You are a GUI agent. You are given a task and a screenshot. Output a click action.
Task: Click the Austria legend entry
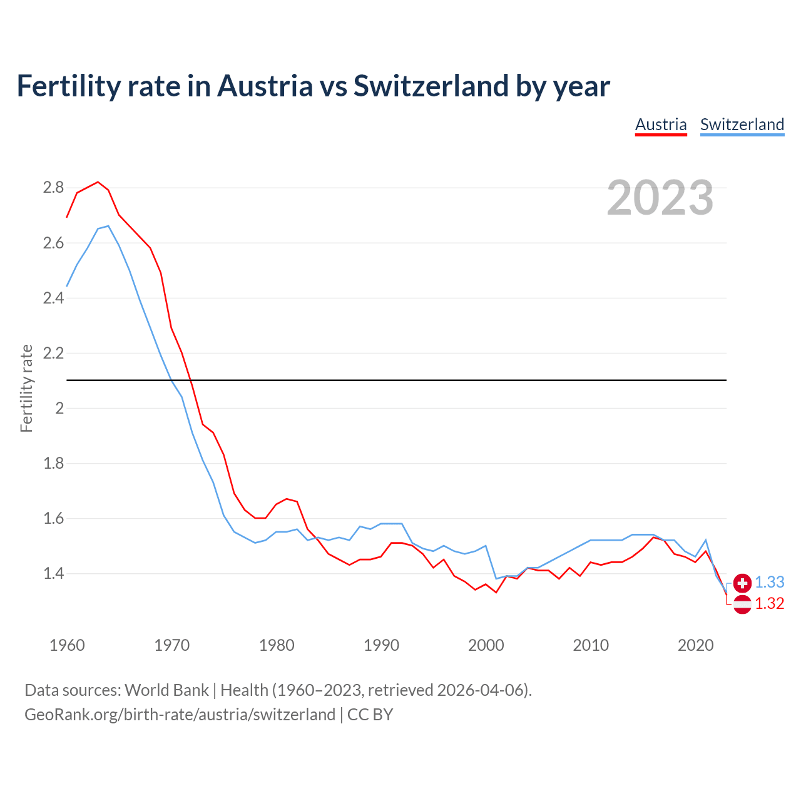click(x=661, y=125)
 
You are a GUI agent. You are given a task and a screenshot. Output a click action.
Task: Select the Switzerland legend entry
click(x=742, y=125)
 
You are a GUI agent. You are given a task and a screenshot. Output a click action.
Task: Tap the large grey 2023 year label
click(x=660, y=198)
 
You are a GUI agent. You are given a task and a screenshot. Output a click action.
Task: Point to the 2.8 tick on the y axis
click(x=53, y=188)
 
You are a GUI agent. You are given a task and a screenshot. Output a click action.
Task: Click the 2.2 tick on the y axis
click(x=53, y=353)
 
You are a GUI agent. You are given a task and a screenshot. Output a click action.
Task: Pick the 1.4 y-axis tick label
click(x=53, y=573)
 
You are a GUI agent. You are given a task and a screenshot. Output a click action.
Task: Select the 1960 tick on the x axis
click(x=67, y=645)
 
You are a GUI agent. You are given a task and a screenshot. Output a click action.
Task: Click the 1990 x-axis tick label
click(x=381, y=645)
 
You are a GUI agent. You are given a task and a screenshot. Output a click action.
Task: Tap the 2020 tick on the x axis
click(x=695, y=645)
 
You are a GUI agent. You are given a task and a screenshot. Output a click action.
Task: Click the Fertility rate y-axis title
click(x=26, y=388)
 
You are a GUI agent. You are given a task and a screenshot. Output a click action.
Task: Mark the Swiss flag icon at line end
click(x=742, y=583)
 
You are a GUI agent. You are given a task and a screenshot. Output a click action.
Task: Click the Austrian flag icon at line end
click(x=742, y=605)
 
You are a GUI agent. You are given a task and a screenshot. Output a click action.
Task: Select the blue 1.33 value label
click(x=769, y=582)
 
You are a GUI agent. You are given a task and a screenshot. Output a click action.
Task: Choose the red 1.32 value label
click(x=769, y=603)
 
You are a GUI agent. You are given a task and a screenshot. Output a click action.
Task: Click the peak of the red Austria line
click(x=98, y=182)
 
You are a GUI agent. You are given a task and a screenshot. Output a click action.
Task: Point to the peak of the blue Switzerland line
click(x=108, y=226)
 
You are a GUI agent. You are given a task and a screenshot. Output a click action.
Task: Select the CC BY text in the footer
click(x=370, y=715)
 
